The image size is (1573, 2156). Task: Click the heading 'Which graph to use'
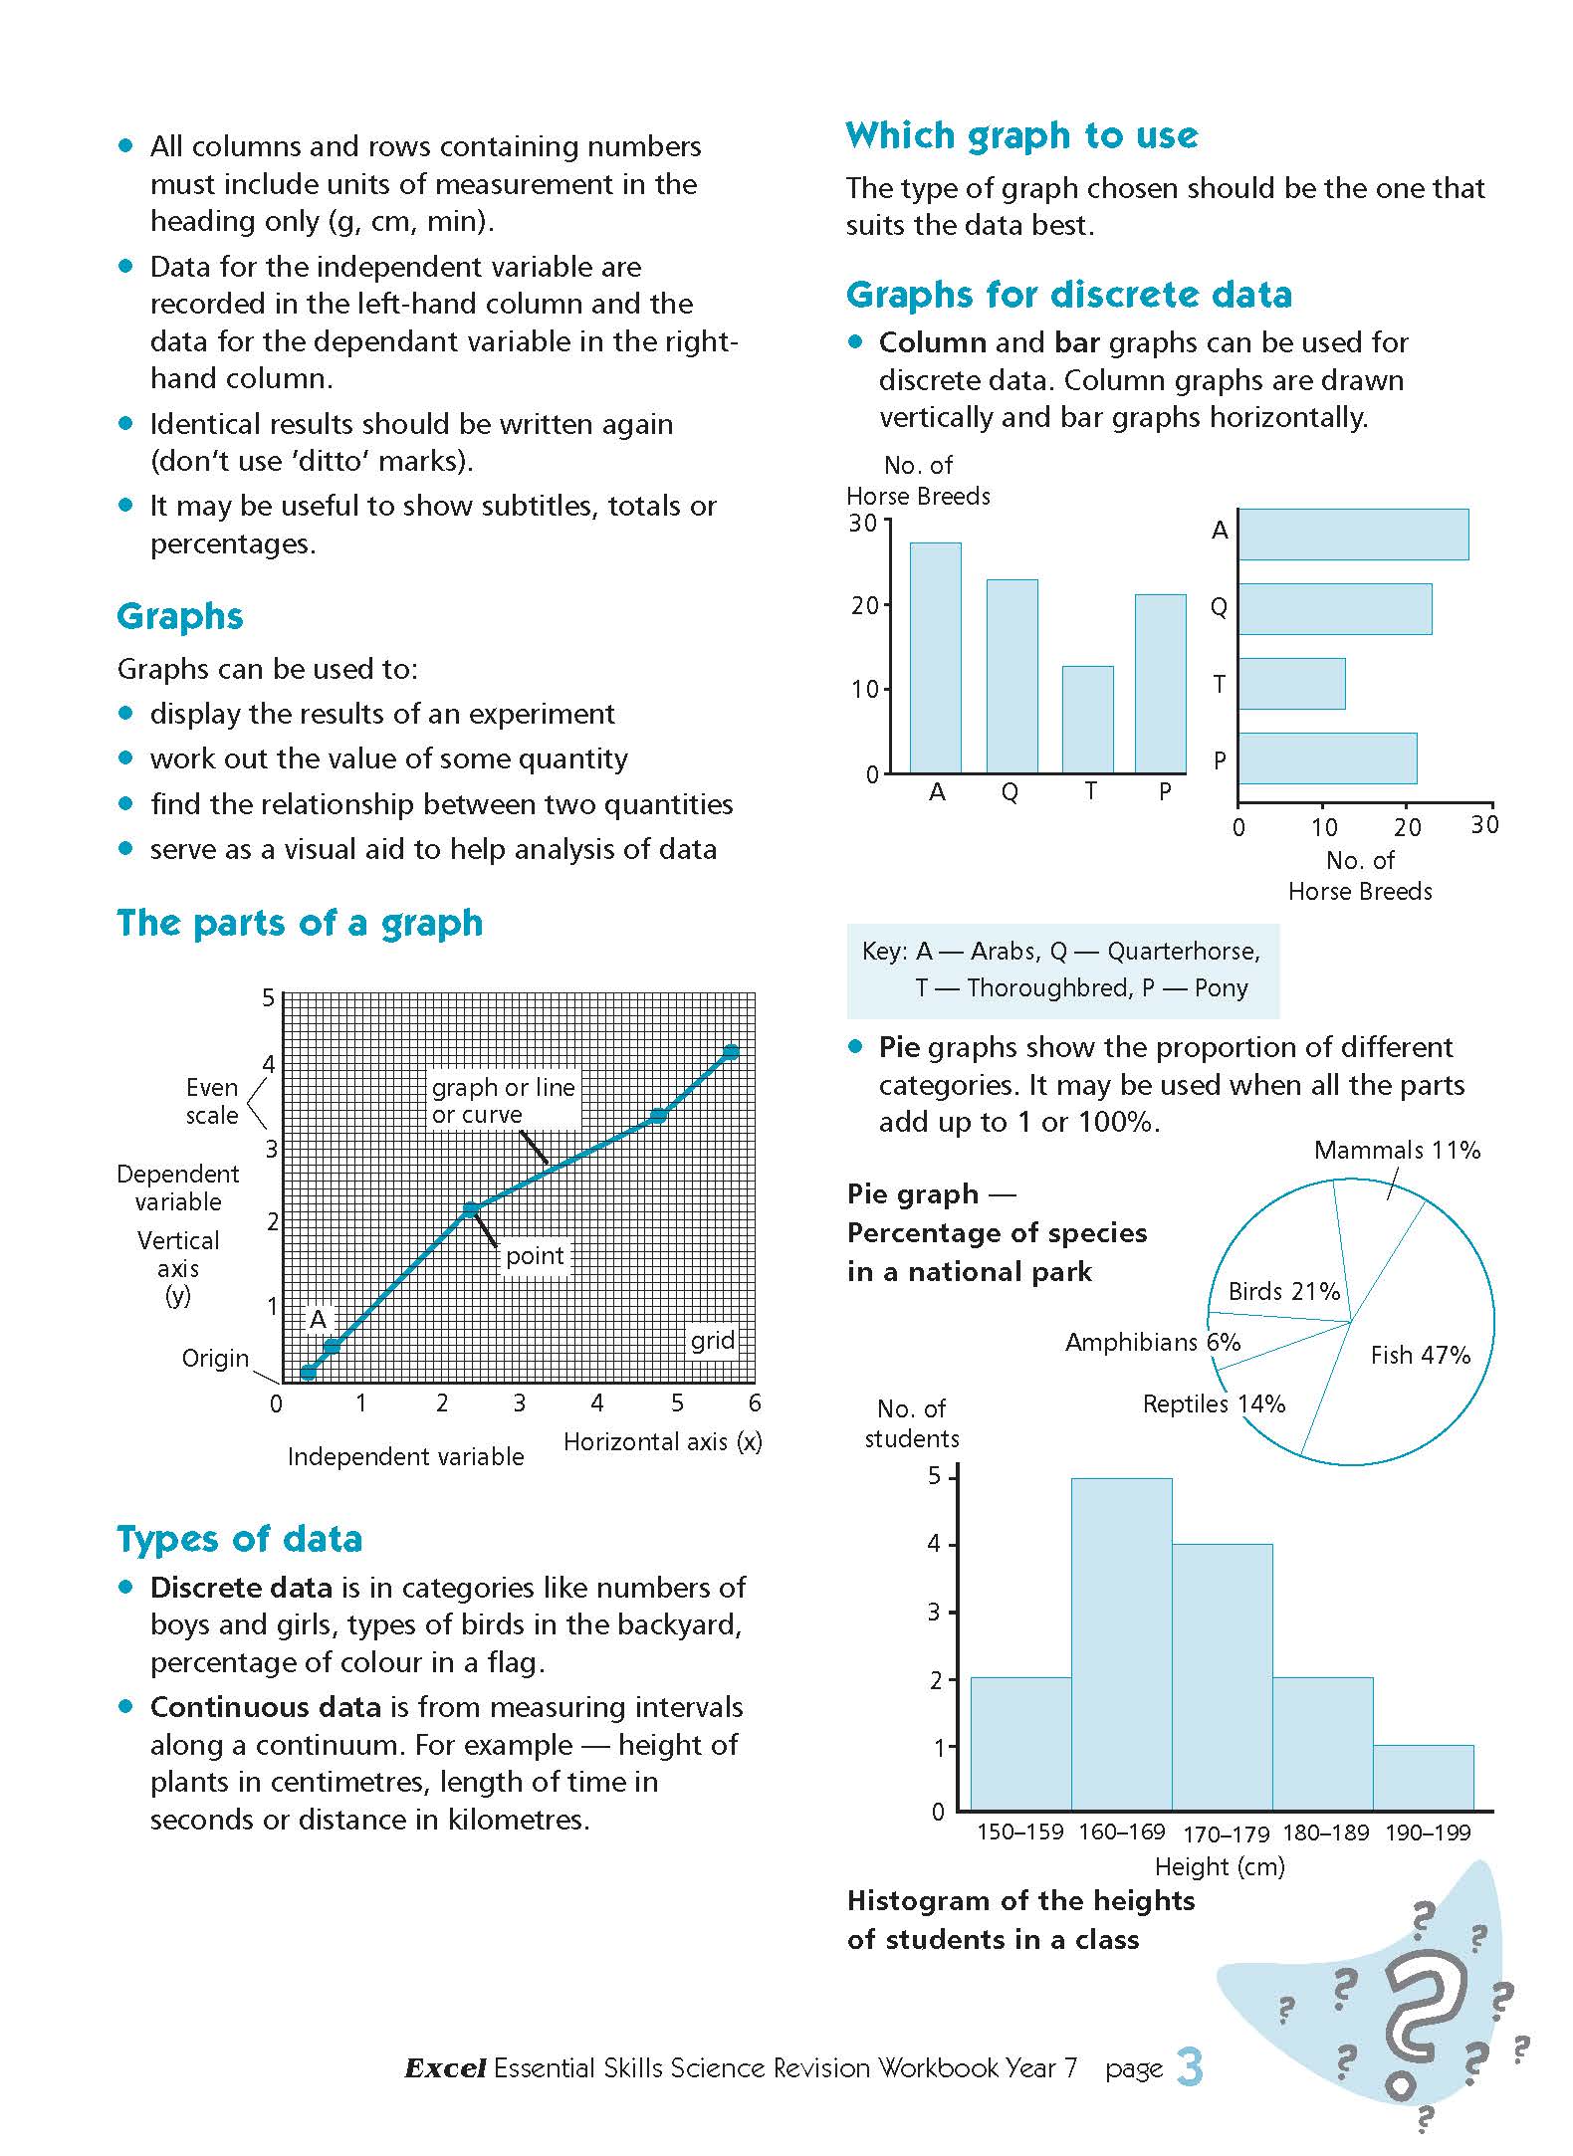(1021, 135)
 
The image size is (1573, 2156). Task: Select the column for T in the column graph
(1087, 719)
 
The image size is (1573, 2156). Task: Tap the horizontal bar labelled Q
(1334, 609)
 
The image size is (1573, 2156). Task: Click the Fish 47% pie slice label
(1420, 1355)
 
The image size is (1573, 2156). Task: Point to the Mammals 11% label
(1397, 1151)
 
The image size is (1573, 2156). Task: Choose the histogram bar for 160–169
(1121, 1642)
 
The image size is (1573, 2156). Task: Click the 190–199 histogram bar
(1423, 1777)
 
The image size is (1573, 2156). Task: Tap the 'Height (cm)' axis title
(1220, 1866)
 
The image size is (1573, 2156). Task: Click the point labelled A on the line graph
(333, 1347)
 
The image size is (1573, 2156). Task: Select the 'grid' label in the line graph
(713, 1340)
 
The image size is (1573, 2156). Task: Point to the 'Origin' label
(215, 1358)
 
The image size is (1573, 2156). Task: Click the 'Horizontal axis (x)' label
(662, 1441)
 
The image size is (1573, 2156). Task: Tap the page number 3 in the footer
(1190, 2067)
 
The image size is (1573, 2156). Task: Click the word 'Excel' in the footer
(445, 2068)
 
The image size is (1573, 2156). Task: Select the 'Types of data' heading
(240, 1539)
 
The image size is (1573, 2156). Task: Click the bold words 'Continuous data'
(266, 1707)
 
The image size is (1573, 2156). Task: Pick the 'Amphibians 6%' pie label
(1153, 1342)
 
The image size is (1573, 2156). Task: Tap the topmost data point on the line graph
(731, 1052)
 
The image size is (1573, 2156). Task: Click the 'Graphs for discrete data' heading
(1069, 295)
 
